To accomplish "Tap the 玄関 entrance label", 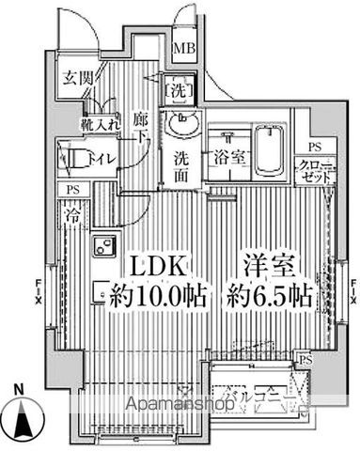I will pos(77,78).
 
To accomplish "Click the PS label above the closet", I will pos(314,148).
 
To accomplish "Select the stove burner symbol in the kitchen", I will pos(99,249).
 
